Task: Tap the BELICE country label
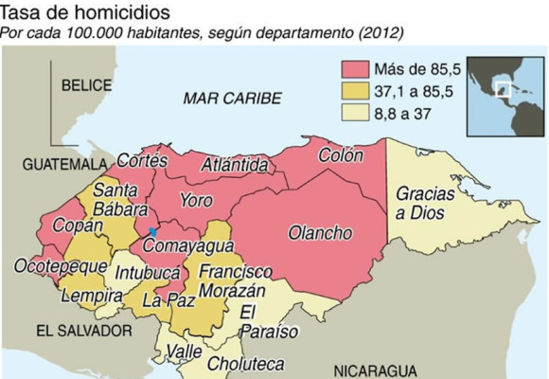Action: pos(87,85)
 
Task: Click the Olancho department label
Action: pos(320,233)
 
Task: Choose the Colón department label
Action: pos(341,153)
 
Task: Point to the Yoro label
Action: pos(197,201)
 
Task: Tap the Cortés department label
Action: pos(142,161)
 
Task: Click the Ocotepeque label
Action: pos(57,267)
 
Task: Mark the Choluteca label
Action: pos(245,363)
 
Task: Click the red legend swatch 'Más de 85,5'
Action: pos(355,68)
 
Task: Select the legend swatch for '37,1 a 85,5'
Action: pos(355,93)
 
